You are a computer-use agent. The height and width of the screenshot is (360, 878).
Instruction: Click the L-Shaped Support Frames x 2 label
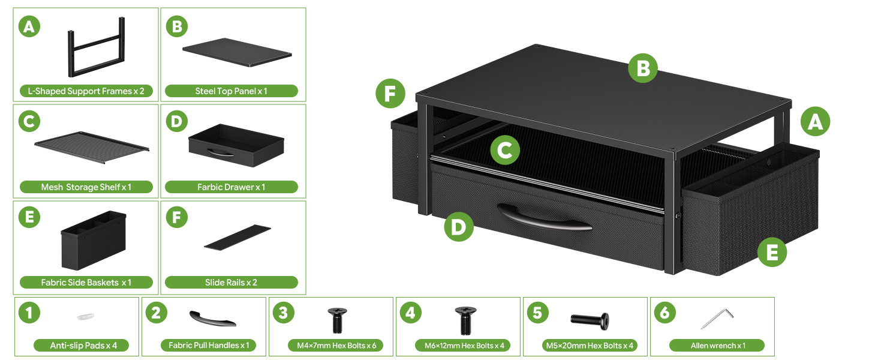click(x=86, y=91)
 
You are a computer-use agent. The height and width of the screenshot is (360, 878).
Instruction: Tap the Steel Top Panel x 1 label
click(x=231, y=91)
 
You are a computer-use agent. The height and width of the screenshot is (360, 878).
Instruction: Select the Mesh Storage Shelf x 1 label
click(x=86, y=187)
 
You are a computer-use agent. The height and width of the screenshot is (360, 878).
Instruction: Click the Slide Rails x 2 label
click(x=231, y=283)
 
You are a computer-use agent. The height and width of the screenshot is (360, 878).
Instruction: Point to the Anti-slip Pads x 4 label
click(x=83, y=346)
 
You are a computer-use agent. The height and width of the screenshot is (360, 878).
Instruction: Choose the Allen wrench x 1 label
click(x=717, y=346)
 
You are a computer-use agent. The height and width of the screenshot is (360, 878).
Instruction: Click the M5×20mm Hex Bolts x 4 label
click(x=590, y=346)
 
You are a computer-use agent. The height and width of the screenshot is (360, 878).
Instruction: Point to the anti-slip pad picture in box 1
click(x=85, y=316)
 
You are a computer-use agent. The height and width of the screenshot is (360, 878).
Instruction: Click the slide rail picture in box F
click(x=237, y=237)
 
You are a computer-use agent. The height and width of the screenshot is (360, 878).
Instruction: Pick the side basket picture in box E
click(x=94, y=241)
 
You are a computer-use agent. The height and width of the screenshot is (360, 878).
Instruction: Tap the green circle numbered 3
click(x=284, y=313)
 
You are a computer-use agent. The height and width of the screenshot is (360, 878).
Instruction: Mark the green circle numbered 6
click(x=664, y=313)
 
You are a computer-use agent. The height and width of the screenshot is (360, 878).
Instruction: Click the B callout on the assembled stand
click(x=643, y=68)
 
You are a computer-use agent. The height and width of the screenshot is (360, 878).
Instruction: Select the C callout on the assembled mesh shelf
click(x=505, y=150)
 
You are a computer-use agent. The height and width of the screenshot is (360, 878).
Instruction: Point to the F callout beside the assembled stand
click(x=390, y=94)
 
